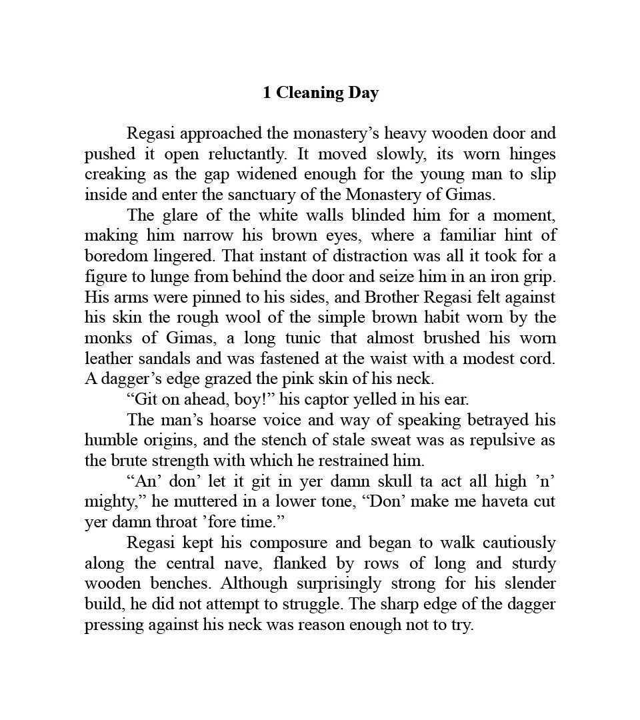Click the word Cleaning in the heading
pos(309,93)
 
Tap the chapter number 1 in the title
pos(267,93)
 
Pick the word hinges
pos(532,154)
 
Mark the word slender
pos(527,583)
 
